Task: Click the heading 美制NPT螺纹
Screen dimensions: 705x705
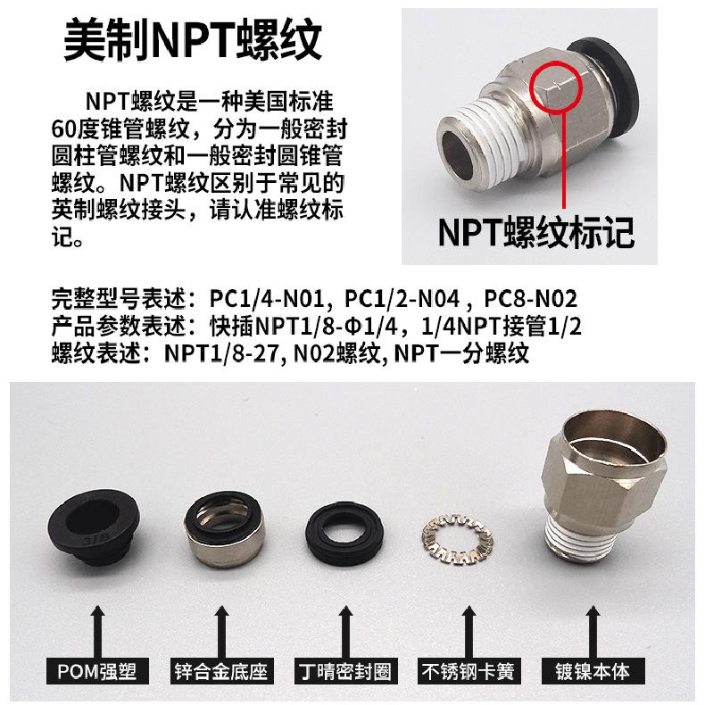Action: click(193, 40)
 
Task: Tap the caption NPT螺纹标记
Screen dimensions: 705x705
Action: click(536, 232)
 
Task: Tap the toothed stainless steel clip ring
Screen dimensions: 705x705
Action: click(457, 540)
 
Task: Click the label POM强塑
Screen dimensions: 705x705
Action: click(97, 671)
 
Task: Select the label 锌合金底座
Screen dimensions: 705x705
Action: click(221, 671)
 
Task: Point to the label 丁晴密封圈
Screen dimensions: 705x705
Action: click(345, 671)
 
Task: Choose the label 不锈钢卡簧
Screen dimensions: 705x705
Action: click(468, 671)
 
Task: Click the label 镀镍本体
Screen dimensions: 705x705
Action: click(593, 671)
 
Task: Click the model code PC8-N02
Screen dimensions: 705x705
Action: click(530, 299)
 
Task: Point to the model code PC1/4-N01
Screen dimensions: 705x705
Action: click(267, 299)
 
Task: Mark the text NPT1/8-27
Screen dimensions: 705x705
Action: click(223, 353)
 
